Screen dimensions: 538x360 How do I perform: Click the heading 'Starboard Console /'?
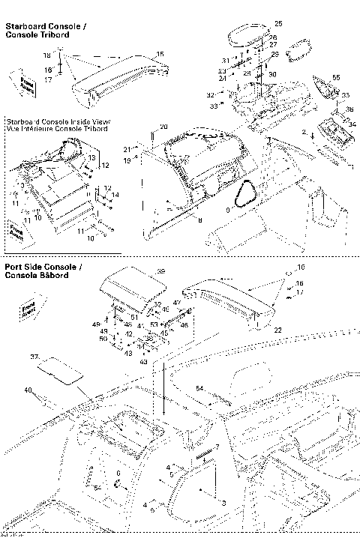45,27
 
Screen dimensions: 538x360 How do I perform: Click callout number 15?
160,54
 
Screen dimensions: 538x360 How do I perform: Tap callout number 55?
336,78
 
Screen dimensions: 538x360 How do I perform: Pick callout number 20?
164,126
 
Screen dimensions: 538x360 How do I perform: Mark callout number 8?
199,219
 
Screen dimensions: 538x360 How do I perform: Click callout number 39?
160,270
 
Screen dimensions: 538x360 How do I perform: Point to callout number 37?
33,357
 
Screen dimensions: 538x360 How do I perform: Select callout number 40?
28,390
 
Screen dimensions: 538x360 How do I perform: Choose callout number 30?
272,74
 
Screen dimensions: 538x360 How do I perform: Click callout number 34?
352,124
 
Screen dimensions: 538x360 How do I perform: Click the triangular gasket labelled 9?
245,196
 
